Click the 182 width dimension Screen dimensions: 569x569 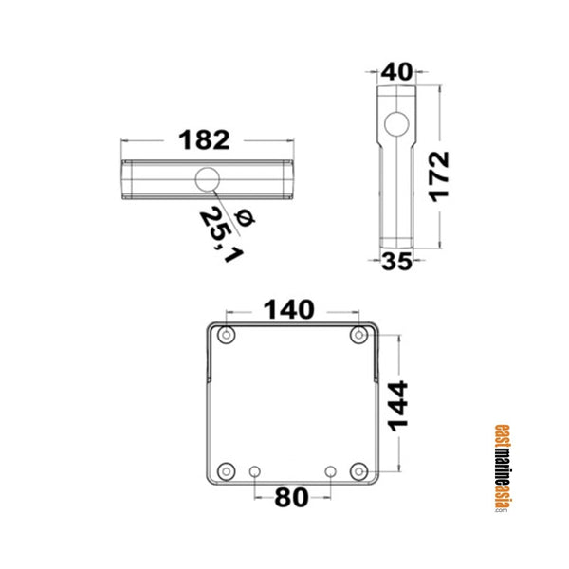205,140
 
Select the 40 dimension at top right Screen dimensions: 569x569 397,72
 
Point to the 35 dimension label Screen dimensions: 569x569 396,263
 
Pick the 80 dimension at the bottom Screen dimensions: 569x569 291,498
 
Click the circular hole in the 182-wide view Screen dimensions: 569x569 205,180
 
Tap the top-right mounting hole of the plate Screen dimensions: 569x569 358,336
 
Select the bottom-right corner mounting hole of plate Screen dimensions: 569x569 358,471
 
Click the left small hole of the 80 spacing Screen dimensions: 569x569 254,471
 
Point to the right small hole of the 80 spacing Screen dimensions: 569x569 330,471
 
